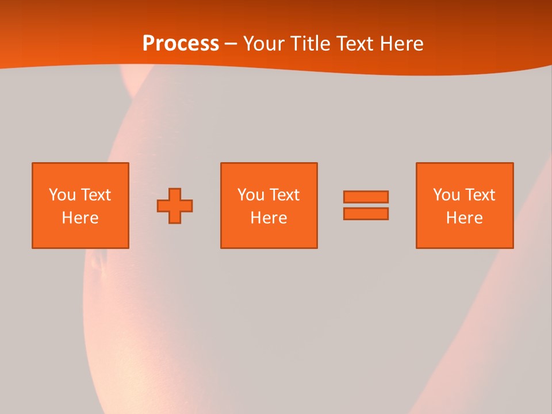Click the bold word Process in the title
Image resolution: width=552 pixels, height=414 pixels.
[x=181, y=44]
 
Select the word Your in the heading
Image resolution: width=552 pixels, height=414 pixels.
[x=264, y=44]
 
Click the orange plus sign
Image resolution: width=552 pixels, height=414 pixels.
[x=175, y=206]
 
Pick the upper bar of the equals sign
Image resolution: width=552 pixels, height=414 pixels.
[x=366, y=197]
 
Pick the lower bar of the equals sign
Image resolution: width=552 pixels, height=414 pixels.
[x=366, y=213]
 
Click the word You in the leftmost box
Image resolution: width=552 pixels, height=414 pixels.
[x=62, y=195]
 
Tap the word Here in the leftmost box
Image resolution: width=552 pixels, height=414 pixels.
[x=80, y=218]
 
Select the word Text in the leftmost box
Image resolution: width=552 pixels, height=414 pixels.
[x=95, y=195]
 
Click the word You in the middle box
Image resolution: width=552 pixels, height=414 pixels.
[x=251, y=195]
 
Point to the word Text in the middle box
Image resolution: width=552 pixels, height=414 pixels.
[x=284, y=195]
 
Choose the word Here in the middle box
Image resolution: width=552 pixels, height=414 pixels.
[x=269, y=218]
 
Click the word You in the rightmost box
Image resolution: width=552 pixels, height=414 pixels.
[x=446, y=195]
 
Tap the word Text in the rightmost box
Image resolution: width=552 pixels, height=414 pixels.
[x=480, y=195]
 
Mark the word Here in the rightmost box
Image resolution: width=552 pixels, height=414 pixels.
[x=464, y=218]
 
